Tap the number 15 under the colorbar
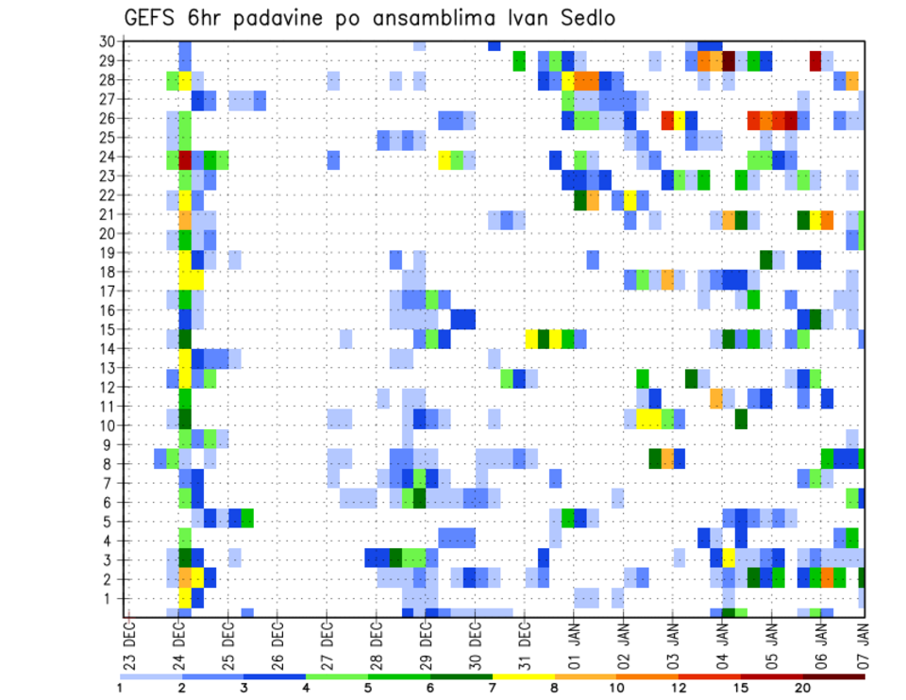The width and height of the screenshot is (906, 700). pos(741,688)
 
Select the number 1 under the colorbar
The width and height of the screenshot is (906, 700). pos(120,688)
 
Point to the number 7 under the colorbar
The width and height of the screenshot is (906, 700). pos(493,688)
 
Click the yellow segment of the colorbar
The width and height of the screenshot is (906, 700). pos(524,676)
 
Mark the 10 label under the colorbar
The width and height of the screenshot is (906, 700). pos(616,688)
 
